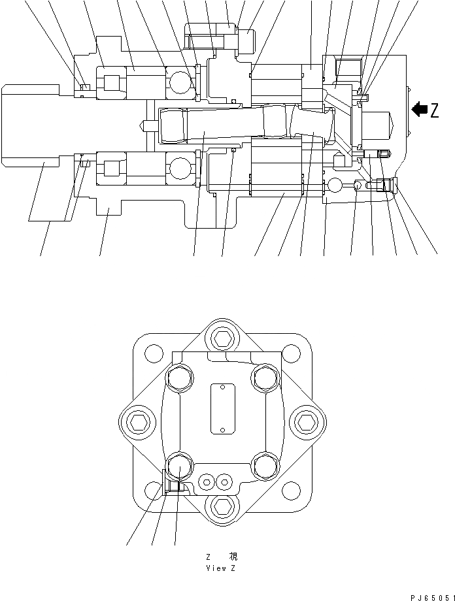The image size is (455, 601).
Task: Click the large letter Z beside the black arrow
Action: [434, 110]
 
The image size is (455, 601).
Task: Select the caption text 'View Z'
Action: [221, 568]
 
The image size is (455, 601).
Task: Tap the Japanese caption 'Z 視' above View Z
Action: [221, 557]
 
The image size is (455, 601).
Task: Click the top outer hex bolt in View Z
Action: [221, 338]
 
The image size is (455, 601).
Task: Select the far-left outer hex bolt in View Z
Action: [139, 423]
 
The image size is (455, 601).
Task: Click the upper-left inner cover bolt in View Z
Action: [178, 378]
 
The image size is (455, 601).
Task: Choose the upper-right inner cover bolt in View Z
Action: [264, 378]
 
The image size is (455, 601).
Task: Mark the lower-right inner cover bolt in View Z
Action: [264, 465]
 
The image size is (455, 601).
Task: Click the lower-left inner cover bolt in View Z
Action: [178, 466]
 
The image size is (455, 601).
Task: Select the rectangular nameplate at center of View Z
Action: [221, 408]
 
